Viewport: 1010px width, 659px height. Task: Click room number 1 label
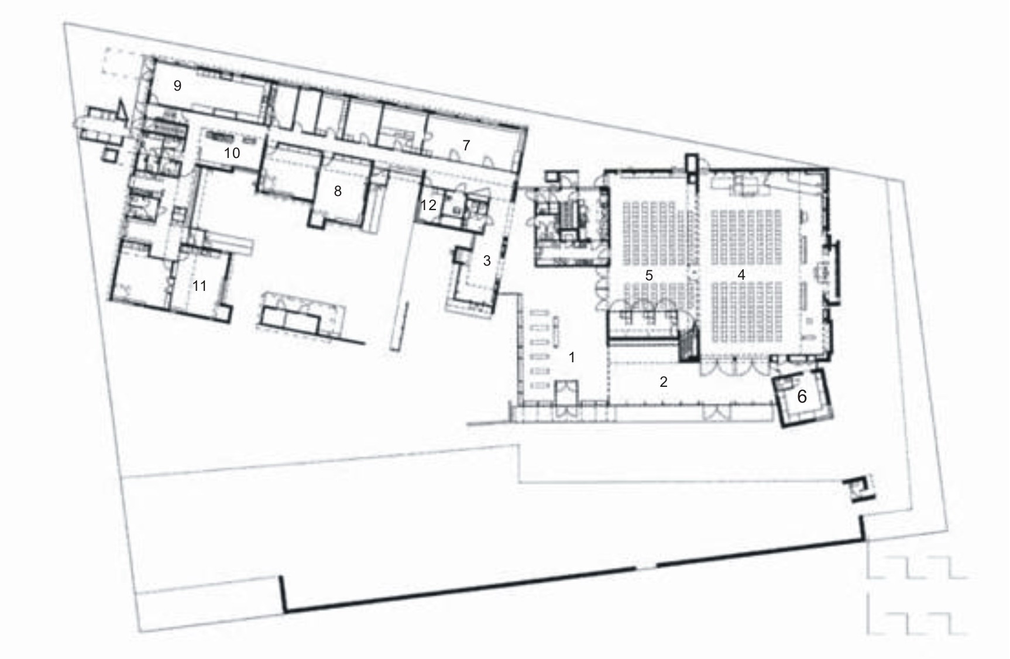572,357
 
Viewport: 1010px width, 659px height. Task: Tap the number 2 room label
663,382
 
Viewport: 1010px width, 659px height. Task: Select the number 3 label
486,261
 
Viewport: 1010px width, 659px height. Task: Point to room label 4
741,274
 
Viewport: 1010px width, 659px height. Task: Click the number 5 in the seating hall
648,274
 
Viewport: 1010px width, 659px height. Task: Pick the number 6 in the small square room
802,396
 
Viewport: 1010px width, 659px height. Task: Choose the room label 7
466,145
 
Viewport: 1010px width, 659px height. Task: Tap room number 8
337,191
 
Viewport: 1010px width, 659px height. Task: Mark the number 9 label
177,86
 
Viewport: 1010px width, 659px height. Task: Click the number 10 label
232,153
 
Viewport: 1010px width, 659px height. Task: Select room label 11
200,286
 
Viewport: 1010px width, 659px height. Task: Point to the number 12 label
428,205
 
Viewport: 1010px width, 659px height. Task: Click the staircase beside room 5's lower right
688,344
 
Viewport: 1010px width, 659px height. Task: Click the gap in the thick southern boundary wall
645,567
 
